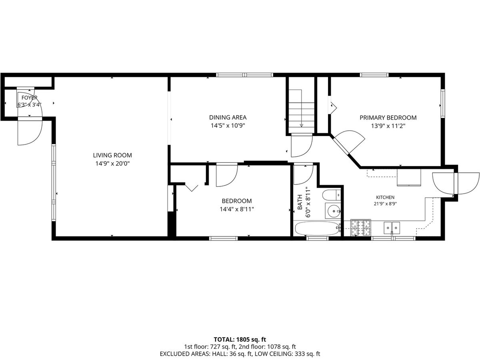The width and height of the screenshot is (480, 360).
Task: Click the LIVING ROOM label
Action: point(112,155)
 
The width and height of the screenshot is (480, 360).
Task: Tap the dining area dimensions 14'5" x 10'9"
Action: point(228,126)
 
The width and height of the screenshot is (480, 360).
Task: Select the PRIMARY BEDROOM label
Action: point(388,118)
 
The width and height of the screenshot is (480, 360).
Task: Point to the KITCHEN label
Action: point(385,197)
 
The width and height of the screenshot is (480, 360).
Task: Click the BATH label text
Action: point(300,202)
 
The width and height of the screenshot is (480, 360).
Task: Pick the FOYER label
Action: point(29,98)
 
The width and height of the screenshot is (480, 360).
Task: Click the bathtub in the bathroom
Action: point(317,228)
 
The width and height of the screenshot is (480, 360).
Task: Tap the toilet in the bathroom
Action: point(332,195)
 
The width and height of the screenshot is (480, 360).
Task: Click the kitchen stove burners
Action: point(361,228)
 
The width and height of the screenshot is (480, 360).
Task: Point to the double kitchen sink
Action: point(392,228)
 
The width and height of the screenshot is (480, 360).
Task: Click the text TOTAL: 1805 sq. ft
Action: point(240,340)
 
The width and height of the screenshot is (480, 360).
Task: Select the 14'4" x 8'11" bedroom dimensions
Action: point(237,209)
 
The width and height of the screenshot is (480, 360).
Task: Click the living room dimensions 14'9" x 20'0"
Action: point(112,164)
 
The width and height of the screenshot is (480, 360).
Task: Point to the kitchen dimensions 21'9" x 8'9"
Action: point(385,204)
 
